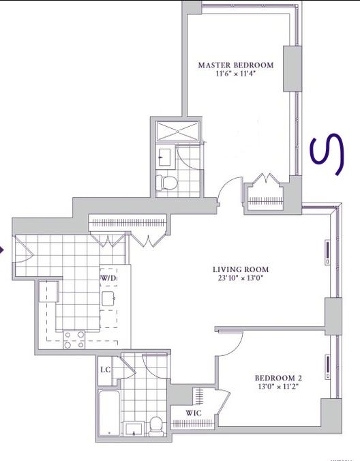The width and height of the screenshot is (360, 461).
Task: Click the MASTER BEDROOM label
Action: (235, 65)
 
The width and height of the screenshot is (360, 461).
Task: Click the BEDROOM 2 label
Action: (277, 378)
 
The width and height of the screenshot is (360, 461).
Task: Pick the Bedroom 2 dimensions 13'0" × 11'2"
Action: (277, 387)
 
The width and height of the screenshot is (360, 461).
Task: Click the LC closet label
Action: (106, 370)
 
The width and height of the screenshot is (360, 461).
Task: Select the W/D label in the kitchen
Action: (108, 279)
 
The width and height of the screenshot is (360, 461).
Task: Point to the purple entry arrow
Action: (3, 250)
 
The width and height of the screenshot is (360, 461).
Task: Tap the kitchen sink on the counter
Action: (108, 299)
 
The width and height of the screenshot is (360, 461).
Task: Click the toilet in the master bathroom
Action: (166, 182)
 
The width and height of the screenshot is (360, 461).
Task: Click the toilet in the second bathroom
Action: (155, 425)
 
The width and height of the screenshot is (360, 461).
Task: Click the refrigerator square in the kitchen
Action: (47, 293)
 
